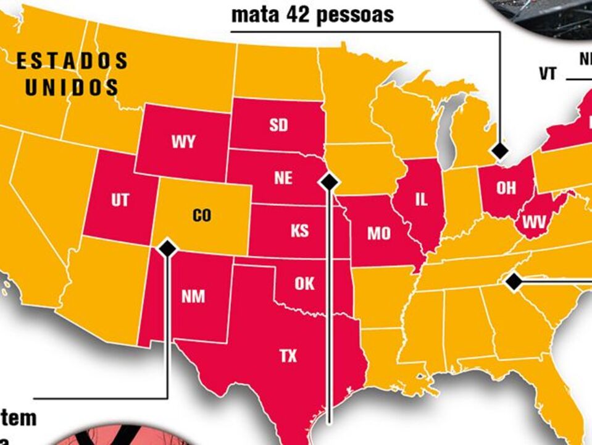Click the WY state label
[x=183, y=142]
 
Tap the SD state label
[x=278, y=125]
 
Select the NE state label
[x=283, y=178]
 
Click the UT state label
[x=120, y=201]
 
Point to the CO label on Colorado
[x=202, y=216]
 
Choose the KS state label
[x=299, y=231]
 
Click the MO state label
[x=378, y=233]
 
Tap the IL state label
[x=421, y=199]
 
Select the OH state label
[x=506, y=188]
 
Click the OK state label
[x=304, y=284]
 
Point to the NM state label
[x=193, y=296]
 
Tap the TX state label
[x=288, y=355]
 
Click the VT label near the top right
[x=548, y=74]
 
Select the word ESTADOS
[x=72, y=61]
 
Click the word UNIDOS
[x=72, y=87]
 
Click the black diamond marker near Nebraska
[x=329, y=181]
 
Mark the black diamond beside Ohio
[x=499, y=150]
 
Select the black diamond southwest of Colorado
[x=167, y=248]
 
